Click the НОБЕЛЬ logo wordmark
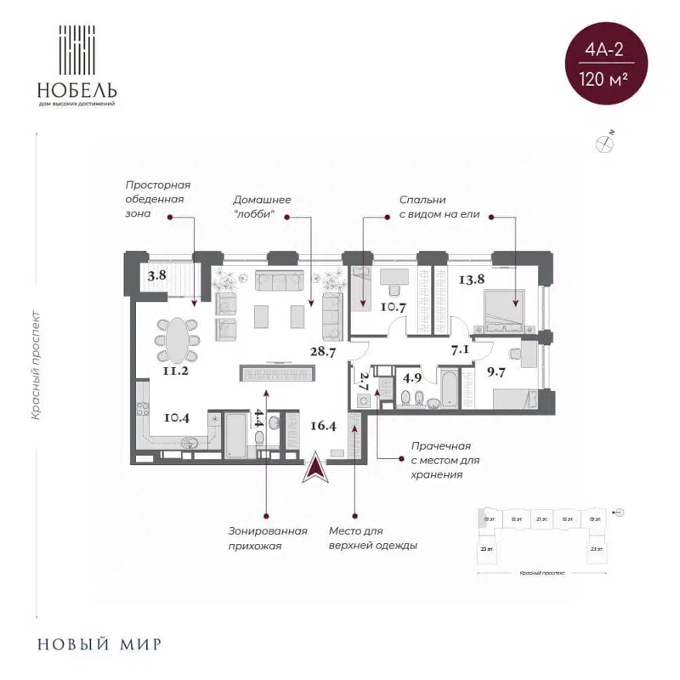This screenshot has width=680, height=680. click(76, 89)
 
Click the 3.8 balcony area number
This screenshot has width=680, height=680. click(156, 275)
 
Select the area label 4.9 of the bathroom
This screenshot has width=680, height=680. click(412, 378)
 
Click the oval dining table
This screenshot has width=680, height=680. click(178, 338)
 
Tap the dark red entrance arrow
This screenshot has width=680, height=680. click(315, 468)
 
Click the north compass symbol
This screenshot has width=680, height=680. click(606, 143)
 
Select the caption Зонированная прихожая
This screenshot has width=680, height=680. click(267, 539)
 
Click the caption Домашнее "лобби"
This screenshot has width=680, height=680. click(263, 207)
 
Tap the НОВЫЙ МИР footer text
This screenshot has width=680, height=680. click(99, 643)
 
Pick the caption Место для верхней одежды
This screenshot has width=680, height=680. click(372, 539)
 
